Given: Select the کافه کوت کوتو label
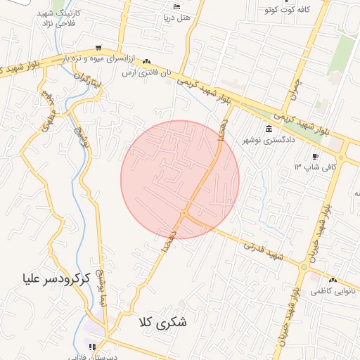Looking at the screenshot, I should coord(285,10).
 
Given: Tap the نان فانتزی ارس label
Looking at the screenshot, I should coord(146,72).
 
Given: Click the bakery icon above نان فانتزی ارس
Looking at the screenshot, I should coord(146,63).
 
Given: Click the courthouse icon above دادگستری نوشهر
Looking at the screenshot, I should coord(270,129).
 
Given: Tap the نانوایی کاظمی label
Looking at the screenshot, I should coord(331,290).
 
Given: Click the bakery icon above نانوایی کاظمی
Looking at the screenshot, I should coord(332,279).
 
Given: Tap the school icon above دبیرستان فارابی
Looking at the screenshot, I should coord(91,346).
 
